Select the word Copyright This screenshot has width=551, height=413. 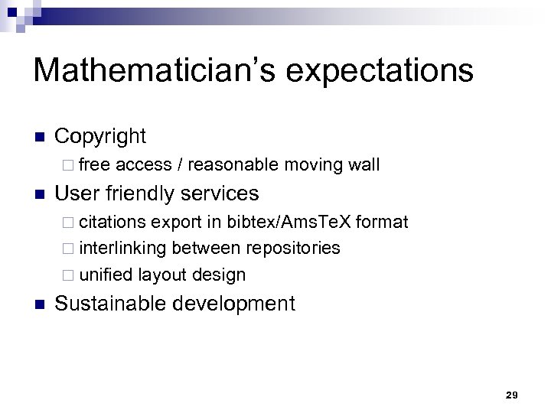[100, 136]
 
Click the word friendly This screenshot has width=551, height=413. [144, 193]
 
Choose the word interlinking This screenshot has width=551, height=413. [124, 248]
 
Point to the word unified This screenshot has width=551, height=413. [106, 274]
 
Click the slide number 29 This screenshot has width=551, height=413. [512, 395]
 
